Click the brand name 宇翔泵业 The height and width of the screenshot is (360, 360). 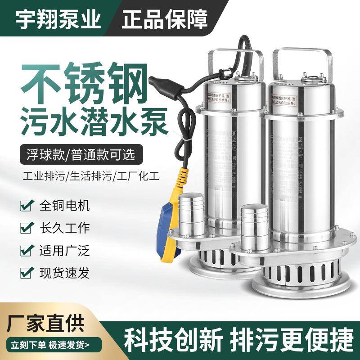[58, 18]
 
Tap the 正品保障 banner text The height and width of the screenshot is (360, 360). [164, 18]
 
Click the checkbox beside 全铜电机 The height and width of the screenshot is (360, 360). [26, 207]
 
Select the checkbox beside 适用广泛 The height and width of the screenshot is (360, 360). [26, 250]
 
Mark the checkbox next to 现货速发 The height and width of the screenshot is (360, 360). [26, 271]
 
